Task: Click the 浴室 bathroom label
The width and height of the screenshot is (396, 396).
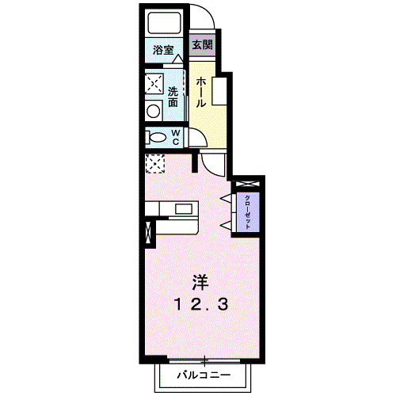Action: click(x=164, y=51)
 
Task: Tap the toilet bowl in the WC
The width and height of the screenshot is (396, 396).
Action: click(x=153, y=137)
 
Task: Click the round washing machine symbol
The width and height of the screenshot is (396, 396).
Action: click(x=153, y=110)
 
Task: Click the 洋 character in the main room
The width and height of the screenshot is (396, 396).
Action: click(x=200, y=281)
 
